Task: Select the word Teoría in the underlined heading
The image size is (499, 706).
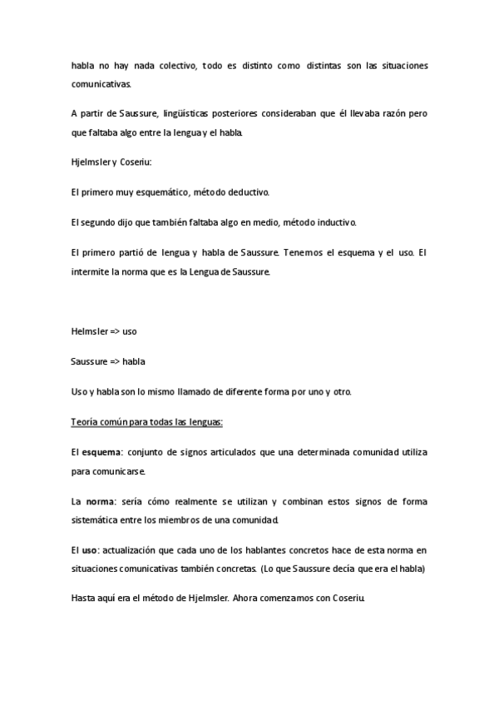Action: point(86,421)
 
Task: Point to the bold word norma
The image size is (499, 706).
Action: point(100,501)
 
